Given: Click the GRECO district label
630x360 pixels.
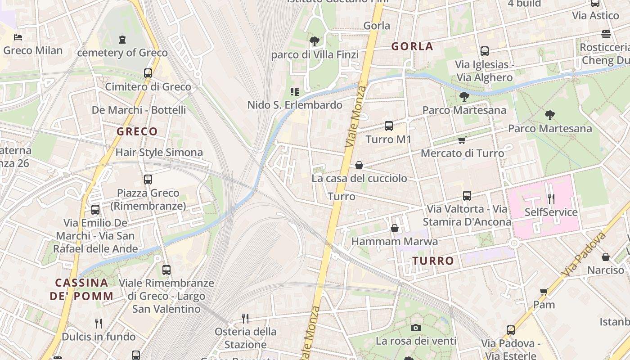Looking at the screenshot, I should click(x=137, y=132).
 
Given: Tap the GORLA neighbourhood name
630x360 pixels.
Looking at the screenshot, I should click(x=412, y=46).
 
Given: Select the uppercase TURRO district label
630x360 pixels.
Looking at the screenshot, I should click(x=433, y=261).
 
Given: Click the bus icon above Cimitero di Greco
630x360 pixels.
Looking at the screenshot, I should click(x=148, y=73).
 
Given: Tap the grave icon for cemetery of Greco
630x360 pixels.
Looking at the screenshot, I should click(x=122, y=40).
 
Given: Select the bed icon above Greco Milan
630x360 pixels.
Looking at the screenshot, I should click(x=18, y=37).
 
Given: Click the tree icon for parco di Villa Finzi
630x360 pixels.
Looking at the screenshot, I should click(x=315, y=41).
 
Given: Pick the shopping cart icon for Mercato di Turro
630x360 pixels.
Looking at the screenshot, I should click(x=462, y=140).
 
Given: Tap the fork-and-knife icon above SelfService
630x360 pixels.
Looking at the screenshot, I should click(x=551, y=198).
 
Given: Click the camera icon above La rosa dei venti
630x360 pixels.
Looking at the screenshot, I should click(x=416, y=328).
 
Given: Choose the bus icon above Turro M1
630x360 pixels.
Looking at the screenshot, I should click(x=389, y=126).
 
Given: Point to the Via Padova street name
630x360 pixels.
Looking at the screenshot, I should click(x=584, y=254).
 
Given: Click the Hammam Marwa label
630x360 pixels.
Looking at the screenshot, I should click(x=394, y=242).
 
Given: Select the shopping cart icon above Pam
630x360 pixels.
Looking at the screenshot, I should click(x=544, y=292).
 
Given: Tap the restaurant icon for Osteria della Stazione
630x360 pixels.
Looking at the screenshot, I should click(x=245, y=319).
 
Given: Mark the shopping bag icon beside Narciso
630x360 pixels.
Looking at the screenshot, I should click(x=606, y=257).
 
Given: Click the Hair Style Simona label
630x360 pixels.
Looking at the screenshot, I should click(x=159, y=153).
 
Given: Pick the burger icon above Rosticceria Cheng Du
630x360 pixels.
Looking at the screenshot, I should click(x=606, y=34).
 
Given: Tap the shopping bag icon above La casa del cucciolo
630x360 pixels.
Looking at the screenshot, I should click(x=359, y=165).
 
